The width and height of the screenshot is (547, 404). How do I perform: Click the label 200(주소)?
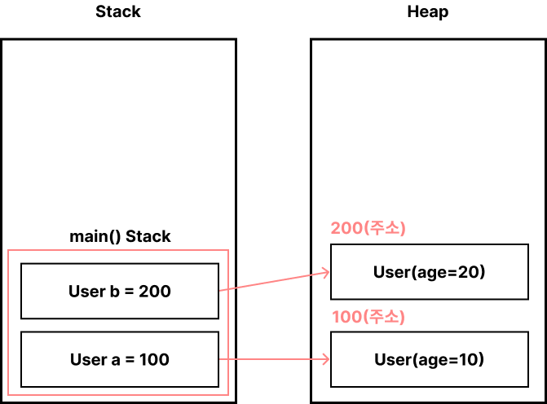(368, 228)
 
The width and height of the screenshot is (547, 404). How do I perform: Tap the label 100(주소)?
(368, 317)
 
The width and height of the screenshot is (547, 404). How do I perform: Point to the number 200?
(346, 228)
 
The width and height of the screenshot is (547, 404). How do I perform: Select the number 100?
(346, 317)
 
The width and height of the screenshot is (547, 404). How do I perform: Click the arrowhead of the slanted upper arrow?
(327, 272)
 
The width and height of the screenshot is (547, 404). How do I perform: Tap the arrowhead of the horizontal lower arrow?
(327, 358)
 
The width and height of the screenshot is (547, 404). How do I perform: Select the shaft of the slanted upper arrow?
(273, 281)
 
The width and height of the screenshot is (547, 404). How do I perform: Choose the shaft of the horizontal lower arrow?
(273, 358)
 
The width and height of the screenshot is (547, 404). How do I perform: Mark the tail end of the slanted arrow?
(221, 290)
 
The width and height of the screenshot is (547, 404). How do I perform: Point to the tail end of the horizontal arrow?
(221, 358)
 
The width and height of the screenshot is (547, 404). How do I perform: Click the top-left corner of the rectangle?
(8, 250)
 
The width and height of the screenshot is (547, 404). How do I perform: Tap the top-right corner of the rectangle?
(228, 250)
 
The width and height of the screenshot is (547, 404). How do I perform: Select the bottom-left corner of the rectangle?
(8, 395)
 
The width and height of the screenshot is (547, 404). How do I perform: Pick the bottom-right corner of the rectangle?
(228, 395)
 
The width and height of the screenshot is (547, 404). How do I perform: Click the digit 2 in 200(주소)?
(335, 228)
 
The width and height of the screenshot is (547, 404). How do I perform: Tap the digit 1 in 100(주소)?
(336, 317)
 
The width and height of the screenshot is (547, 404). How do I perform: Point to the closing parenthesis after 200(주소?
(403, 228)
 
